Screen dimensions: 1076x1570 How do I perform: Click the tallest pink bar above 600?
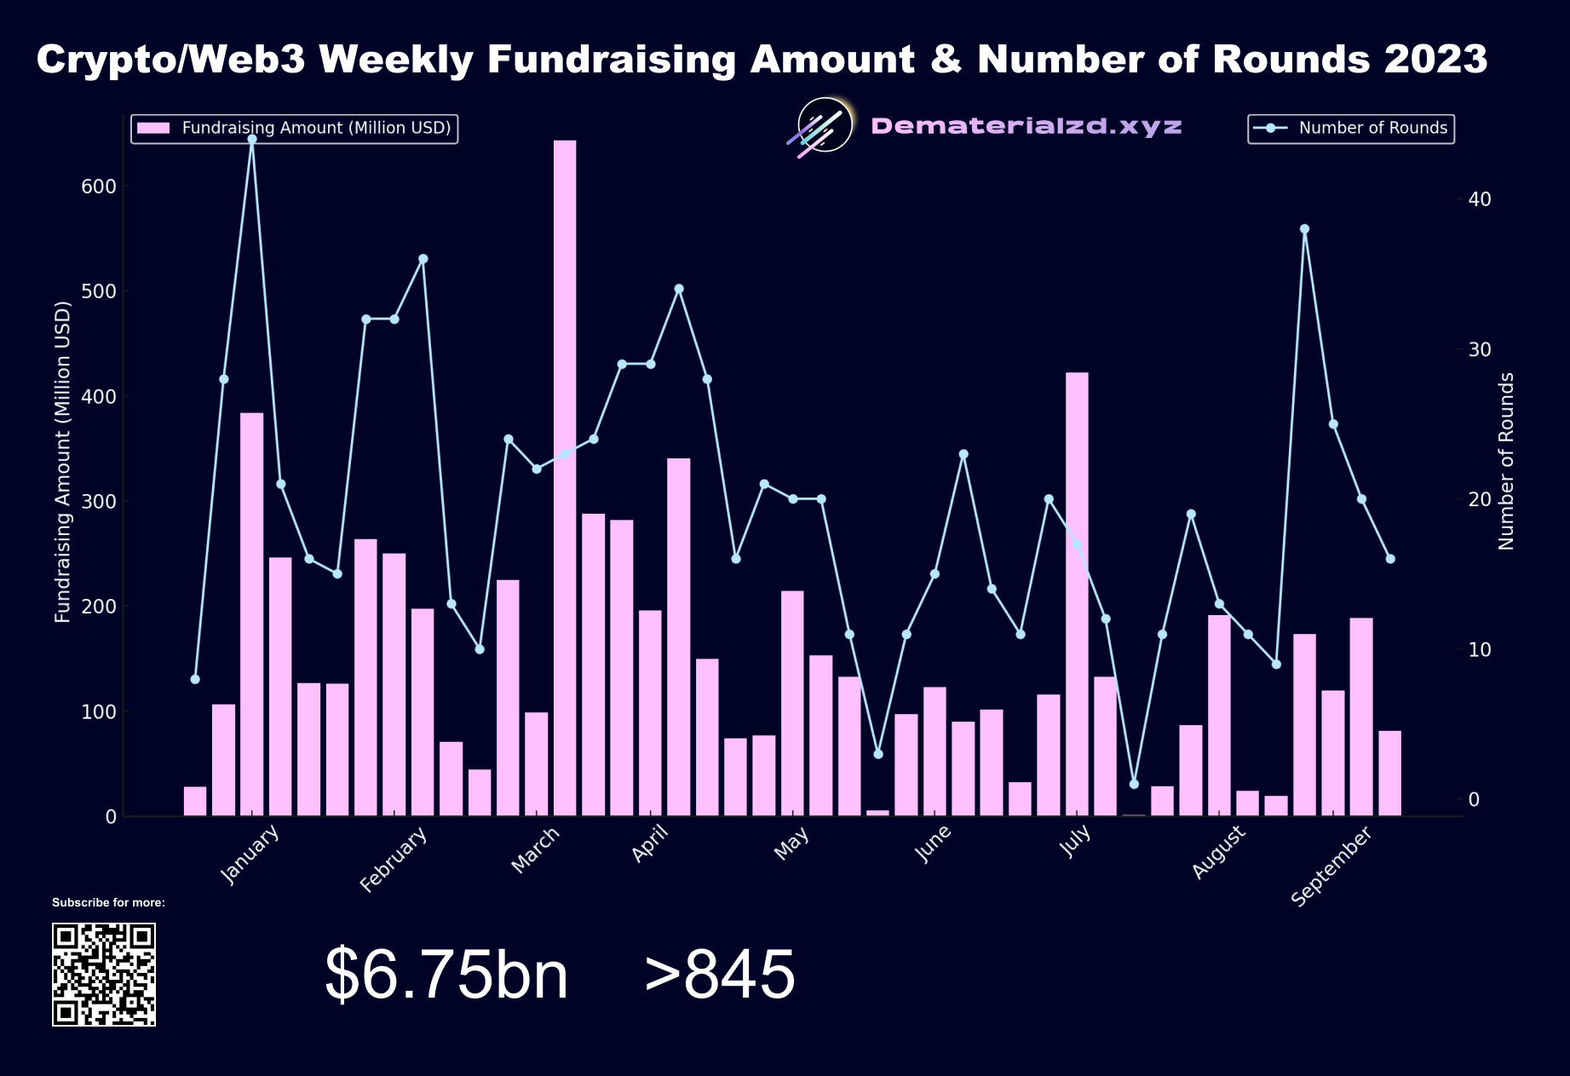(565, 477)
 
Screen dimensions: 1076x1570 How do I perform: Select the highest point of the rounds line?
(252, 139)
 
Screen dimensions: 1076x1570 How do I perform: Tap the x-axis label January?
(250, 854)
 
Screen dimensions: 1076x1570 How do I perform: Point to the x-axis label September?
(1331, 866)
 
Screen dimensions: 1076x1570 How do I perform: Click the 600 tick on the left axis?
(98, 187)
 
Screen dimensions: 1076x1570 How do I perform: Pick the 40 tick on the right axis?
(1479, 199)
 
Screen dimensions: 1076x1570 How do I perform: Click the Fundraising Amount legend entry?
(295, 129)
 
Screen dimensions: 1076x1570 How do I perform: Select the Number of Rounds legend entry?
(1351, 129)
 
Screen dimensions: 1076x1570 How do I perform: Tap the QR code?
(104, 974)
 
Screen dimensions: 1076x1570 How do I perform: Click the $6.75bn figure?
(446, 974)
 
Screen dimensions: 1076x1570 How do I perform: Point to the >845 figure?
(720, 974)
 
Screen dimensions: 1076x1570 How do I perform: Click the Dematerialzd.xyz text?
(1027, 127)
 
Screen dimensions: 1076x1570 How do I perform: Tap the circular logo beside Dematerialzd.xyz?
(825, 125)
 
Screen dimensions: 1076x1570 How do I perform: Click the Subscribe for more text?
(108, 902)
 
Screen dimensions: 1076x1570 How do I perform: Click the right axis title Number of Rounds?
(1506, 461)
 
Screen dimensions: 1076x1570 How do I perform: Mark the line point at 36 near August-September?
(1304, 229)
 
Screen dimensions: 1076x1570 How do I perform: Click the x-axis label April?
(650, 843)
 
